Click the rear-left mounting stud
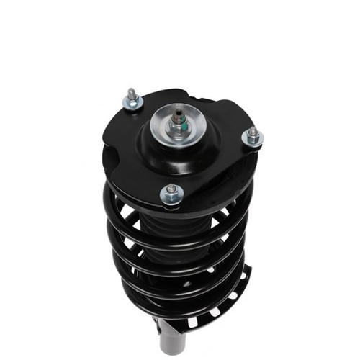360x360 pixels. (x=132, y=96)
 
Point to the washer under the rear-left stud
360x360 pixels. (x=131, y=104)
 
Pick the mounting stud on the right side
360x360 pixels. (x=252, y=132)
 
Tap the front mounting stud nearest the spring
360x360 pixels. (x=171, y=189)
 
